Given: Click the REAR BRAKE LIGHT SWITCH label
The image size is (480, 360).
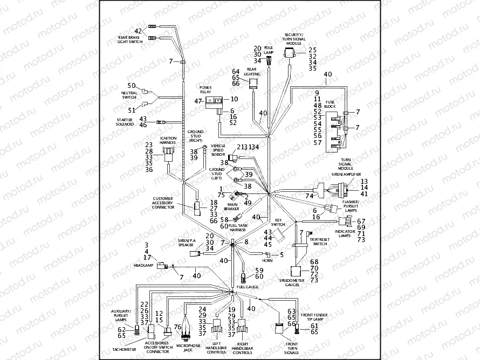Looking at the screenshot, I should tap(132, 39).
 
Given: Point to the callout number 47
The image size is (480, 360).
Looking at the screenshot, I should tap(198, 101).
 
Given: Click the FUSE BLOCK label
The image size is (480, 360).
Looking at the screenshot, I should tap(330, 104).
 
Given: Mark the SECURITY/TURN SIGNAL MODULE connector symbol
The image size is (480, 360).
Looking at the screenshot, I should tap(290, 53).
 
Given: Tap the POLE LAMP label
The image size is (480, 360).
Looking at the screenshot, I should tap(269, 50).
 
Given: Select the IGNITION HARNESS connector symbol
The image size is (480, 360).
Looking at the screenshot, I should tap(168, 153).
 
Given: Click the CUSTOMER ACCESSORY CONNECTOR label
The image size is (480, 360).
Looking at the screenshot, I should tap(163, 203).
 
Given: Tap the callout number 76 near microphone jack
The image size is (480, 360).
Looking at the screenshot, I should tap(177, 327).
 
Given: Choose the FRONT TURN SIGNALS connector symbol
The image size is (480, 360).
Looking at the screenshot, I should tap(279, 328).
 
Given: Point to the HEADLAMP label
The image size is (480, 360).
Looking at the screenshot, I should tap(144, 266).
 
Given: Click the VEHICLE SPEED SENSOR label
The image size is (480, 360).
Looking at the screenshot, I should tap(218, 150).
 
